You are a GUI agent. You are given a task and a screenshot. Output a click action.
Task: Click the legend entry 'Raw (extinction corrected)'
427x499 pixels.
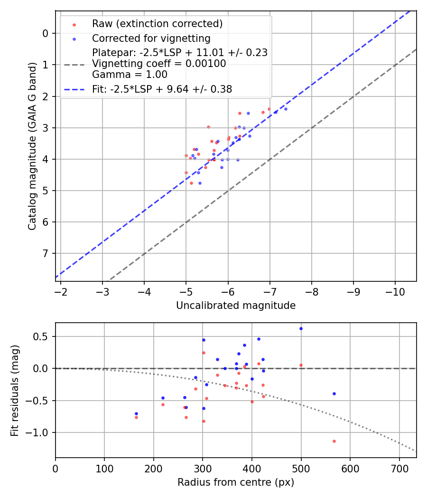pos(157,24)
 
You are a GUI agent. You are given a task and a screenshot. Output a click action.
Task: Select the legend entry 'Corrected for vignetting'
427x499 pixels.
pos(151,38)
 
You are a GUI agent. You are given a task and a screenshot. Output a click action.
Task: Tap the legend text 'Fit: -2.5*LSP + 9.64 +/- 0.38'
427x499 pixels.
pos(162,89)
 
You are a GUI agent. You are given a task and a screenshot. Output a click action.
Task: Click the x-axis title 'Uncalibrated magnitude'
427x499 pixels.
pos(236,306)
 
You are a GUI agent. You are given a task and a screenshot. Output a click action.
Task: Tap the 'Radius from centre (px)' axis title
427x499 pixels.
pos(236,482)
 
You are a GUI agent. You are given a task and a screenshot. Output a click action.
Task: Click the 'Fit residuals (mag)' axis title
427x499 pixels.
pos(15,391)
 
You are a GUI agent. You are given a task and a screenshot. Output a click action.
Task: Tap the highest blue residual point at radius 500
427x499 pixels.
pos(301,328)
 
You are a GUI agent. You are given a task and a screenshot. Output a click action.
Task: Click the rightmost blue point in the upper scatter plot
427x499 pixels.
pos(286,109)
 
